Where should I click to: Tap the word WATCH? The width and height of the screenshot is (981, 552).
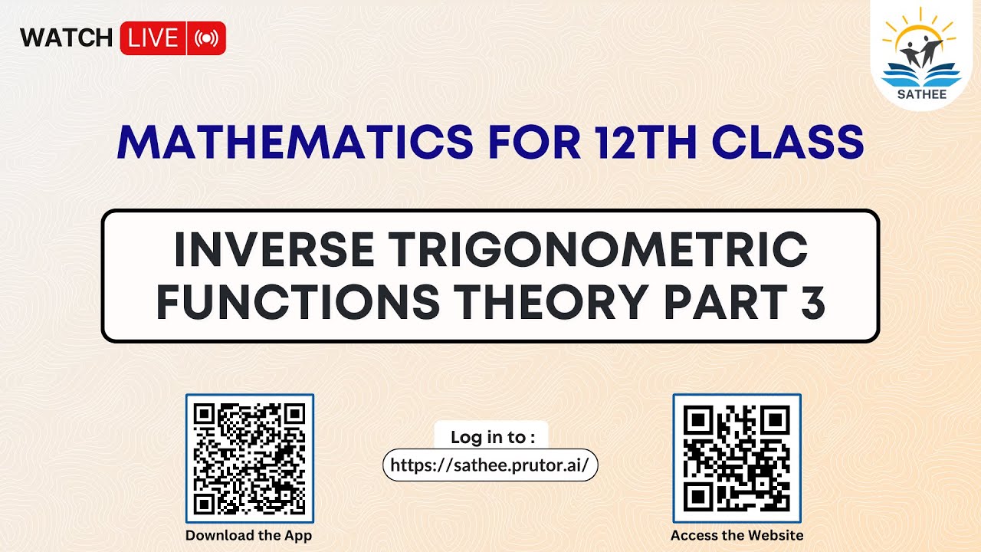[x=67, y=38]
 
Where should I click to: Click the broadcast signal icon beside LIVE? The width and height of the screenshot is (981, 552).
[x=206, y=38]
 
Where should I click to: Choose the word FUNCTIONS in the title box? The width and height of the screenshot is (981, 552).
[x=298, y=303]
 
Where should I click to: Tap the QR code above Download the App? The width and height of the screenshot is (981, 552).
[x=250, y=458]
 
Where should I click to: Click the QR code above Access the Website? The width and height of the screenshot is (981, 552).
[x=737, y=458]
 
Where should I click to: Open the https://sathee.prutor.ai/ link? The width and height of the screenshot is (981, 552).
[x=490, y=465]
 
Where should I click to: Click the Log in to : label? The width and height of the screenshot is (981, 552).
[x=491, y=437]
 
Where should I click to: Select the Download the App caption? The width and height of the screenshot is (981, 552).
[x=249, y=535]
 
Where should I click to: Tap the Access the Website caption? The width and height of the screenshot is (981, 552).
[x=737, y=535]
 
